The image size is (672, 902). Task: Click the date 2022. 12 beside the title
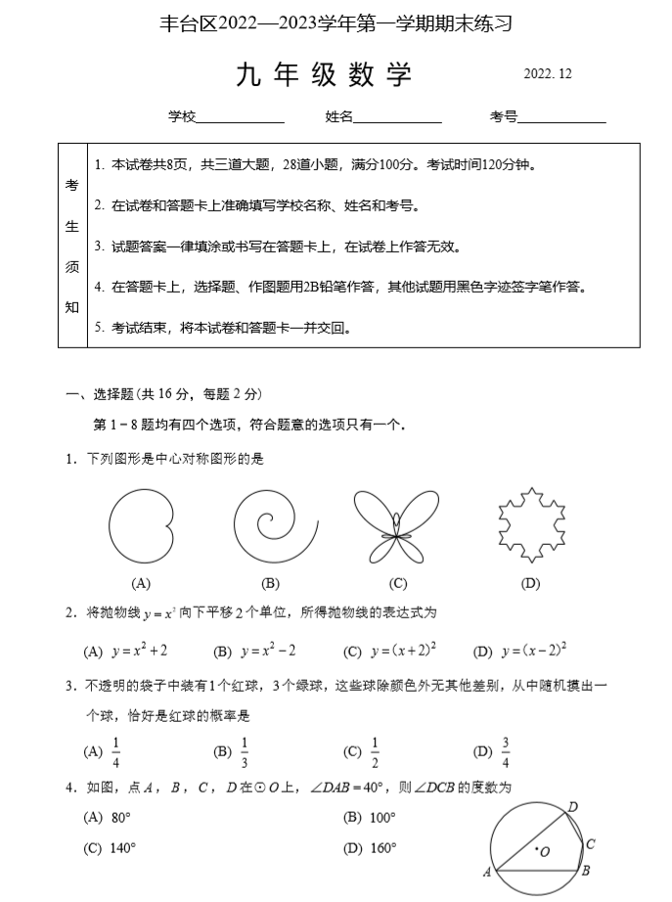[x=548, y=74]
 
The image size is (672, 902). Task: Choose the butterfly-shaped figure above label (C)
[x=396, y=526]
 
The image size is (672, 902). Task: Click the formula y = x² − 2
[x=268, y=651]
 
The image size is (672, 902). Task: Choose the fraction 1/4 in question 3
[x=116, y=751]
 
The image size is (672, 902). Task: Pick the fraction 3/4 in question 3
[x=506, y=751]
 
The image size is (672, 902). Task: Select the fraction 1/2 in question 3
[x=375, y=751]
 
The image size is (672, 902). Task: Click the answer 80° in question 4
[x=121, y=818]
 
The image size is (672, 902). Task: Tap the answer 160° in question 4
[x=382, y=848]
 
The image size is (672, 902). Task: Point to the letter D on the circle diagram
[x=573, y=806]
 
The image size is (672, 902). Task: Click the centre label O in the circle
[x=545, y=852]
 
